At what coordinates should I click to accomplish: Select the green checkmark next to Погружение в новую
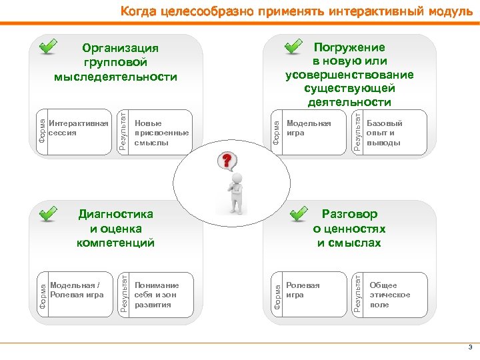pyautogui.click(x=293, y=47)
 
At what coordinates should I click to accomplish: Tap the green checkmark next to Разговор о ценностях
pyautogui.click(x=293, y=214)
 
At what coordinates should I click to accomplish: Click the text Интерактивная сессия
pyautogui.click(x=79, y=127)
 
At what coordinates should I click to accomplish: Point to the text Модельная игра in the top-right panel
pyautogui.click(x=308, y=128)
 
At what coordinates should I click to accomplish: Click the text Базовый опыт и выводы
pyautogui.click(x=385, y=133)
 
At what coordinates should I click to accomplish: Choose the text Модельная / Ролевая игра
pyautogui.click(x=77, y=290)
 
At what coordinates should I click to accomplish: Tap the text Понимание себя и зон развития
pyautogui.click(x=156, y=295)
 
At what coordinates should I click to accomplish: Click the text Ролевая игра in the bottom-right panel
pyautogui.click(x=303, y=290)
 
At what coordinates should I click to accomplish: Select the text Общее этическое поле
pyautogui.click(x=390, y=295)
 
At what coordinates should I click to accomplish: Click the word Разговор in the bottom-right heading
pyautogui.click(x=349, y=214)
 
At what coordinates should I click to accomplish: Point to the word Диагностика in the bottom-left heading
pyautogui.click(x=115, y=214)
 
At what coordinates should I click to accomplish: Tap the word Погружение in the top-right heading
pyautogui.click(x=349, y=47)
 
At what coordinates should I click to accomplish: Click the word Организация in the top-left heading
pyautogui.click(x=120, y=48)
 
